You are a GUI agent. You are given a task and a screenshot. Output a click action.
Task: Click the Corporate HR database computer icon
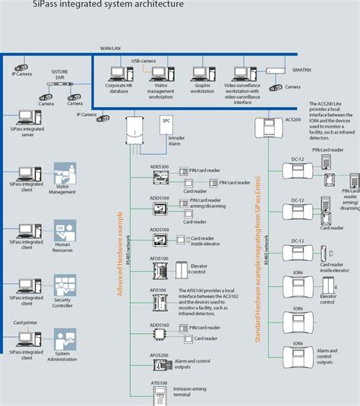tap(117, 73)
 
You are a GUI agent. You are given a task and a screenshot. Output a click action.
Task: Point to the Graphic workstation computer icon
tap(201, 73)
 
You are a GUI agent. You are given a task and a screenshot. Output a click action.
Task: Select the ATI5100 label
tap(159, 384)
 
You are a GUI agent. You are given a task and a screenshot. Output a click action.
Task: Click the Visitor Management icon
tap(63, 174)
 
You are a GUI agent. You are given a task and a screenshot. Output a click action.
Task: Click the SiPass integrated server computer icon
tap(25, 118)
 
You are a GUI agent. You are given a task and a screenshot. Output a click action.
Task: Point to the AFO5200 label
tap(159, 354)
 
